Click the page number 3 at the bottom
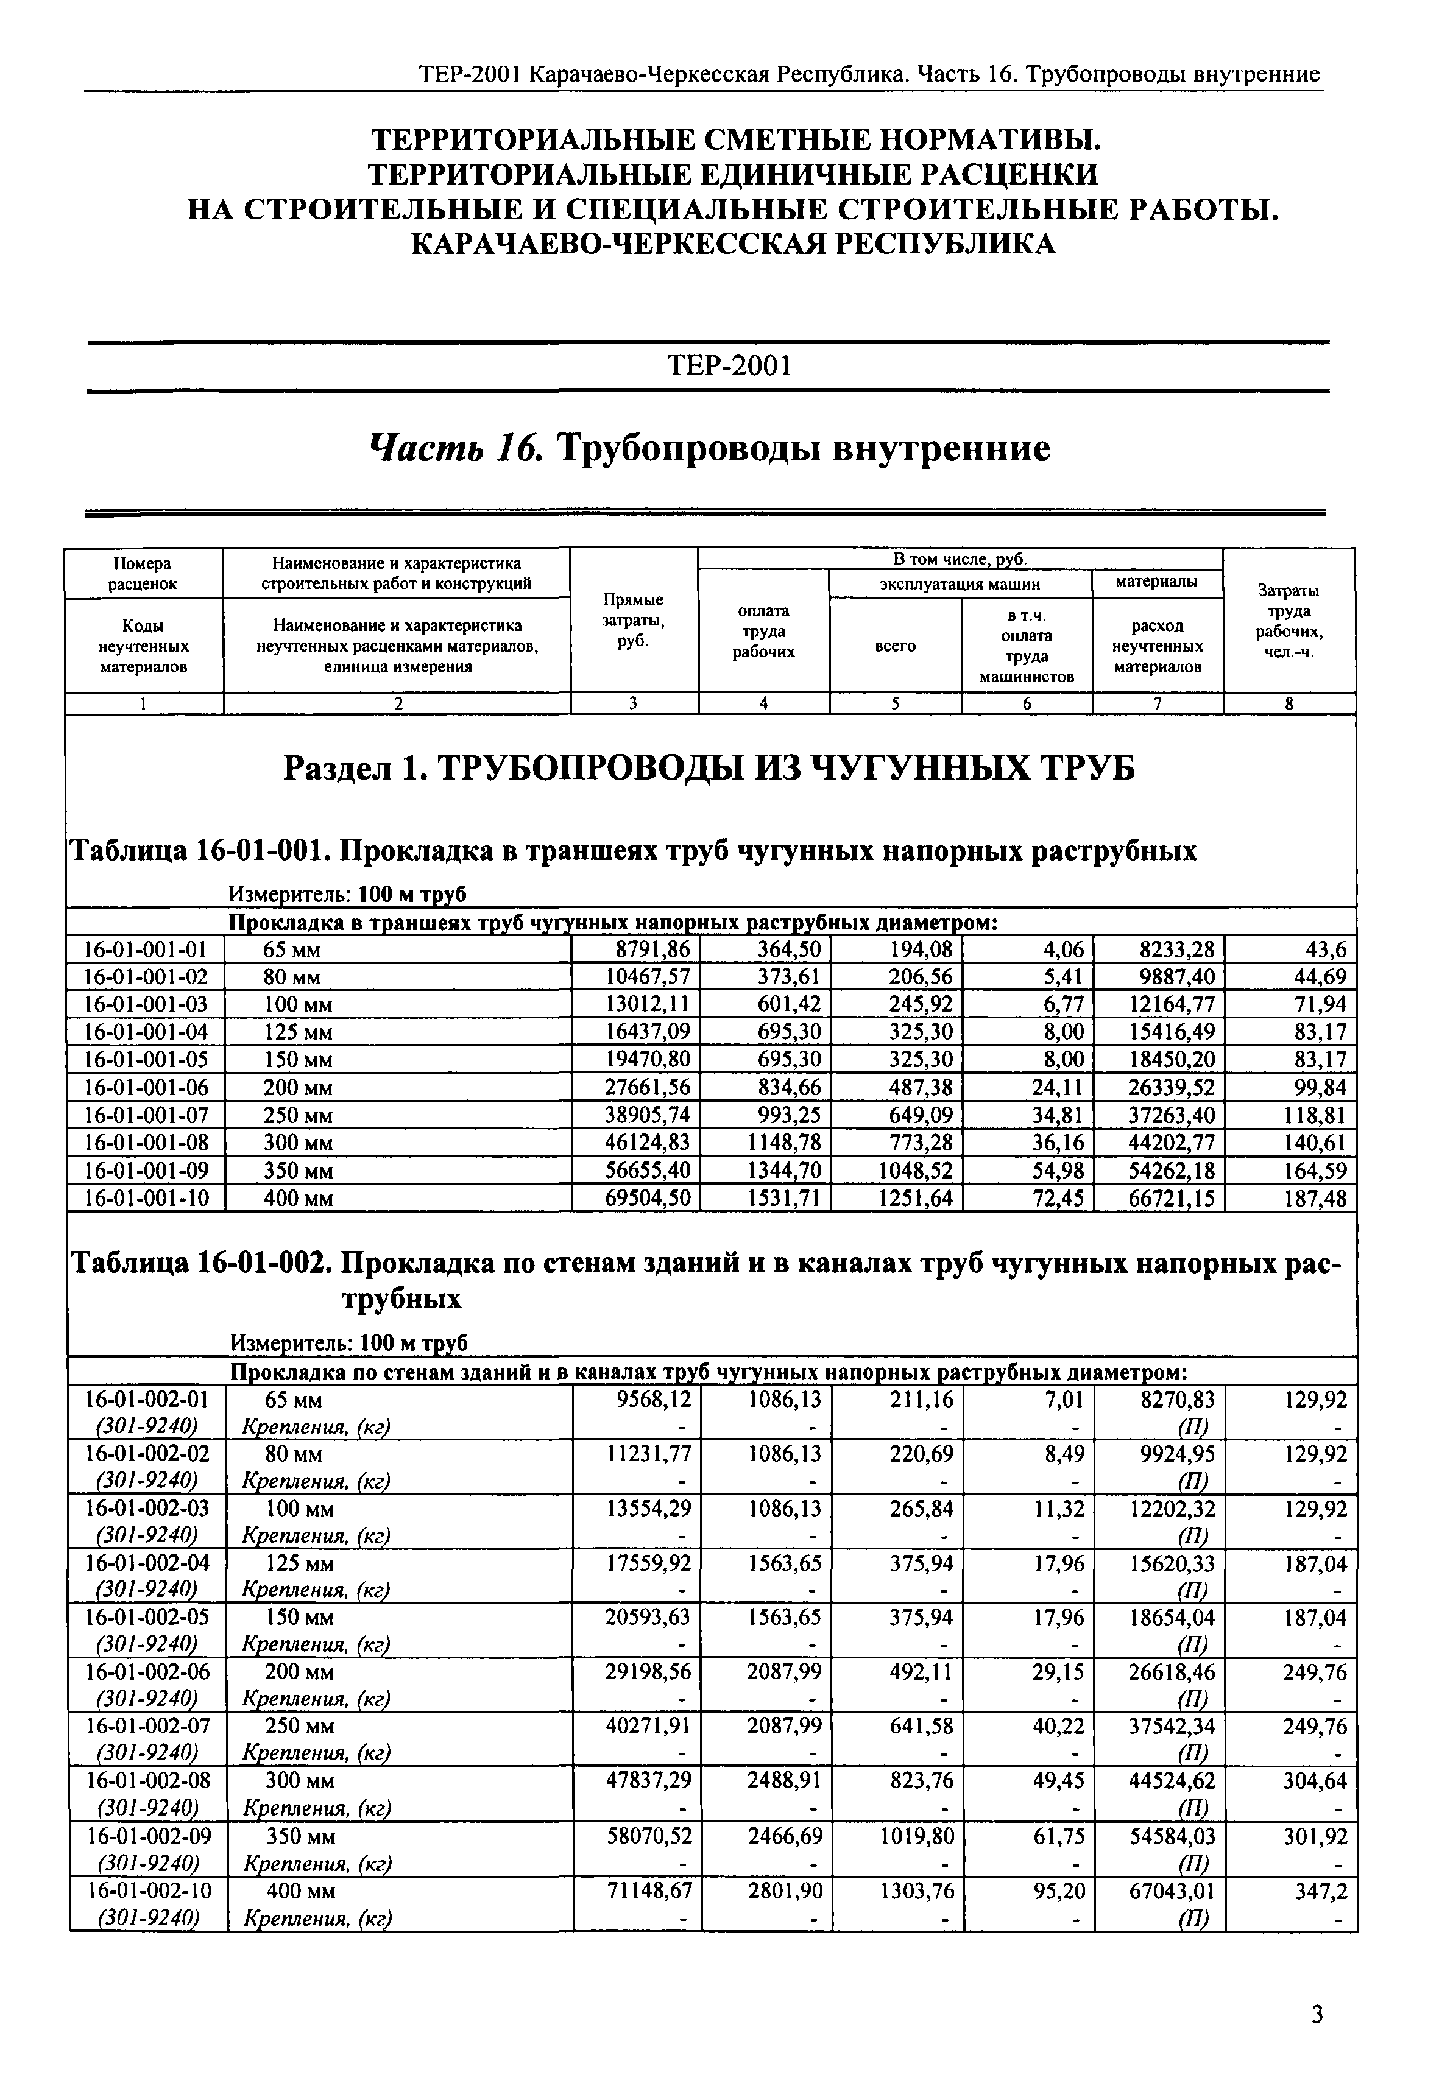[1317, 2011]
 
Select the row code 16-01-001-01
[145, 950]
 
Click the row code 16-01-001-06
[145, 1088]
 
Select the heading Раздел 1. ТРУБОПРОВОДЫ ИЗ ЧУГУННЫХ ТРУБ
[710, 769]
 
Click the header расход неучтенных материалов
[1157, 646]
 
